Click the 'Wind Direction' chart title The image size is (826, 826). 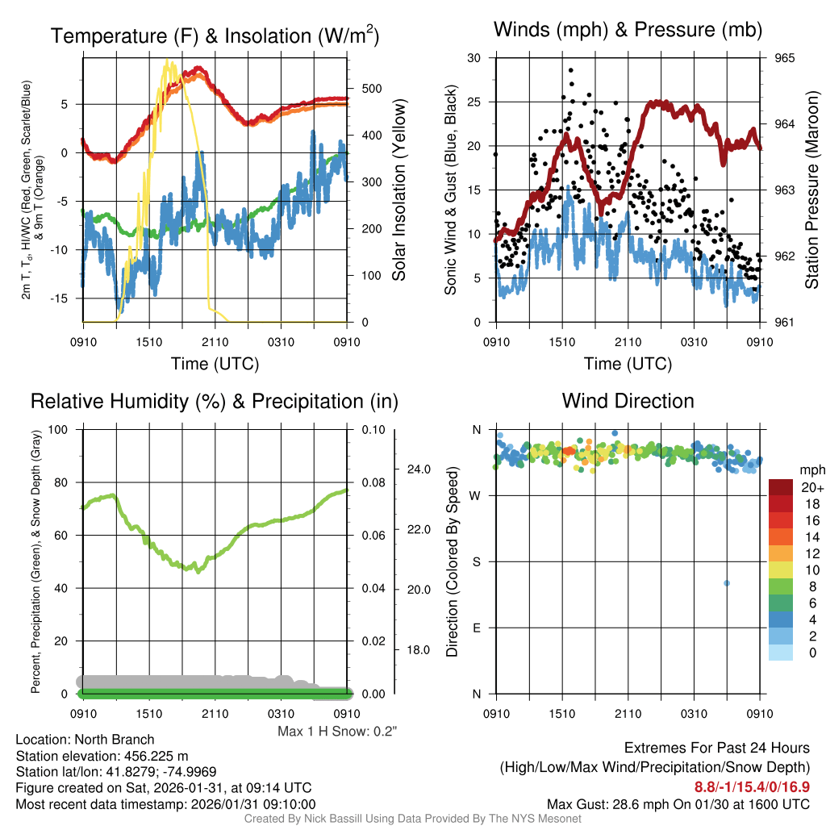[x=628, y=401]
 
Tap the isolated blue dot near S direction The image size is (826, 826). [x=727, y=583]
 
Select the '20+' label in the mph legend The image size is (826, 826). [x=811, y=487]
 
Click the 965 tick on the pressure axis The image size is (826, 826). [x=786, y=58]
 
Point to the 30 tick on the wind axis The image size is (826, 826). [x=474, y=58]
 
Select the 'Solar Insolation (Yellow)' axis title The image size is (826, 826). [x=398, y=190]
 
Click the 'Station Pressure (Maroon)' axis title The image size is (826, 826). [x=812, y=190]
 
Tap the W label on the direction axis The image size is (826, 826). [x=475, y=495]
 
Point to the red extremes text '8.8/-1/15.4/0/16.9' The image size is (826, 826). [x=752, y=786]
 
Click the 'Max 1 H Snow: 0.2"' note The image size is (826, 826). [x=337, y=732]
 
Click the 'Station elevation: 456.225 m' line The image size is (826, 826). [x=102, y=756]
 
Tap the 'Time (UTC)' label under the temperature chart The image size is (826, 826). [x=215, y=364]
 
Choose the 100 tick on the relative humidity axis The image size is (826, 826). [x=61, y=429]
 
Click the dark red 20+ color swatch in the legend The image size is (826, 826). [x=781, y=487]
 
